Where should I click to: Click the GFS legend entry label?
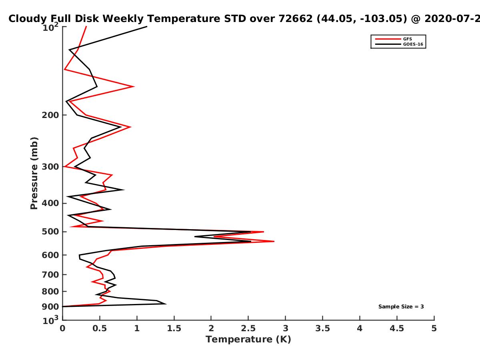click(407, 39)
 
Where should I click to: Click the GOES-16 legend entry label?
click(413, 44)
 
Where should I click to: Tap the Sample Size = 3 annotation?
click(401, 307)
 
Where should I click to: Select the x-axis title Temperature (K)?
click(248, 339)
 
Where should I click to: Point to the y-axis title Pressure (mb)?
click(34, 173)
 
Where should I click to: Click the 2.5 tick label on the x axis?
click(248, 328)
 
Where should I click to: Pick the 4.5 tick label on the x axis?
click(397, 328)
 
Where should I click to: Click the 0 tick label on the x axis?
click(62, 328)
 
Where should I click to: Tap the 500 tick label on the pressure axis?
click(50, 232)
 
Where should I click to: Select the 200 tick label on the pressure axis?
click(50, 115)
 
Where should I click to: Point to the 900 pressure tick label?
click(50, 307)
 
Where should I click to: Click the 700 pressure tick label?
click(50, 274)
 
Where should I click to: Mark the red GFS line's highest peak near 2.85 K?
click(274, 241)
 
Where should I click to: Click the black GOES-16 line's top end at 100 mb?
click(147, 27)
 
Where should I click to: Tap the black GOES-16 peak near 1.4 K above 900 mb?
click(166, 304)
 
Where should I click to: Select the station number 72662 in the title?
click(296, 18)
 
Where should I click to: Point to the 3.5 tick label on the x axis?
click(322, 328)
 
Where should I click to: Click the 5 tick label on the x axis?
click(434, 328)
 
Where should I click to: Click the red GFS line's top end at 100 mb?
click(86, 27)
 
